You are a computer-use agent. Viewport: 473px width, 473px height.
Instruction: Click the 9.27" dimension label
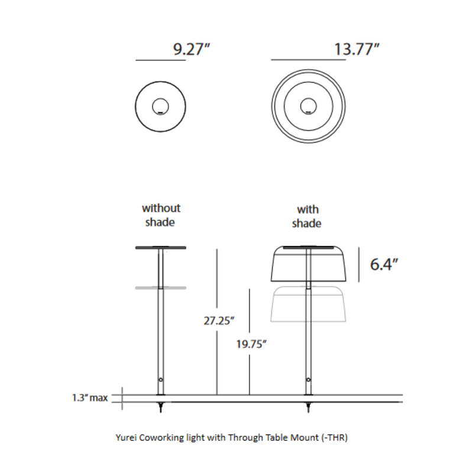click(192, 50)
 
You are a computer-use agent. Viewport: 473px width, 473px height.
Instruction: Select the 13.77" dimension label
click(356, 50)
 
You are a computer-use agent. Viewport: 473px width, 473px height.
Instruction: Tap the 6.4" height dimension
click(383, 264)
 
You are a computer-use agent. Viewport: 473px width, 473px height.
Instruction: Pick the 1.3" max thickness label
click(86, 398)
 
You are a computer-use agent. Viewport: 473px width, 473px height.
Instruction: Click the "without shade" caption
click(161, 215)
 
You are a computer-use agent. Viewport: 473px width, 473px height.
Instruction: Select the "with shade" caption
click(307, 216)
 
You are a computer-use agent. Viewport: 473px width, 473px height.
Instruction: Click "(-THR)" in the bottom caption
click(333, 438)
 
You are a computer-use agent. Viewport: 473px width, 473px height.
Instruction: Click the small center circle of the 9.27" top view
click(160, 107)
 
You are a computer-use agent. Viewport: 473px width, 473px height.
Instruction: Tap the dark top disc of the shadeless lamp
click(161, 248)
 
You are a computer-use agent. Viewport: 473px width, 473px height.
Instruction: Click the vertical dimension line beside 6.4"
click(359, 259)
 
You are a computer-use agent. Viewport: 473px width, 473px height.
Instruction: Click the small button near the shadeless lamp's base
click(161, 379)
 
